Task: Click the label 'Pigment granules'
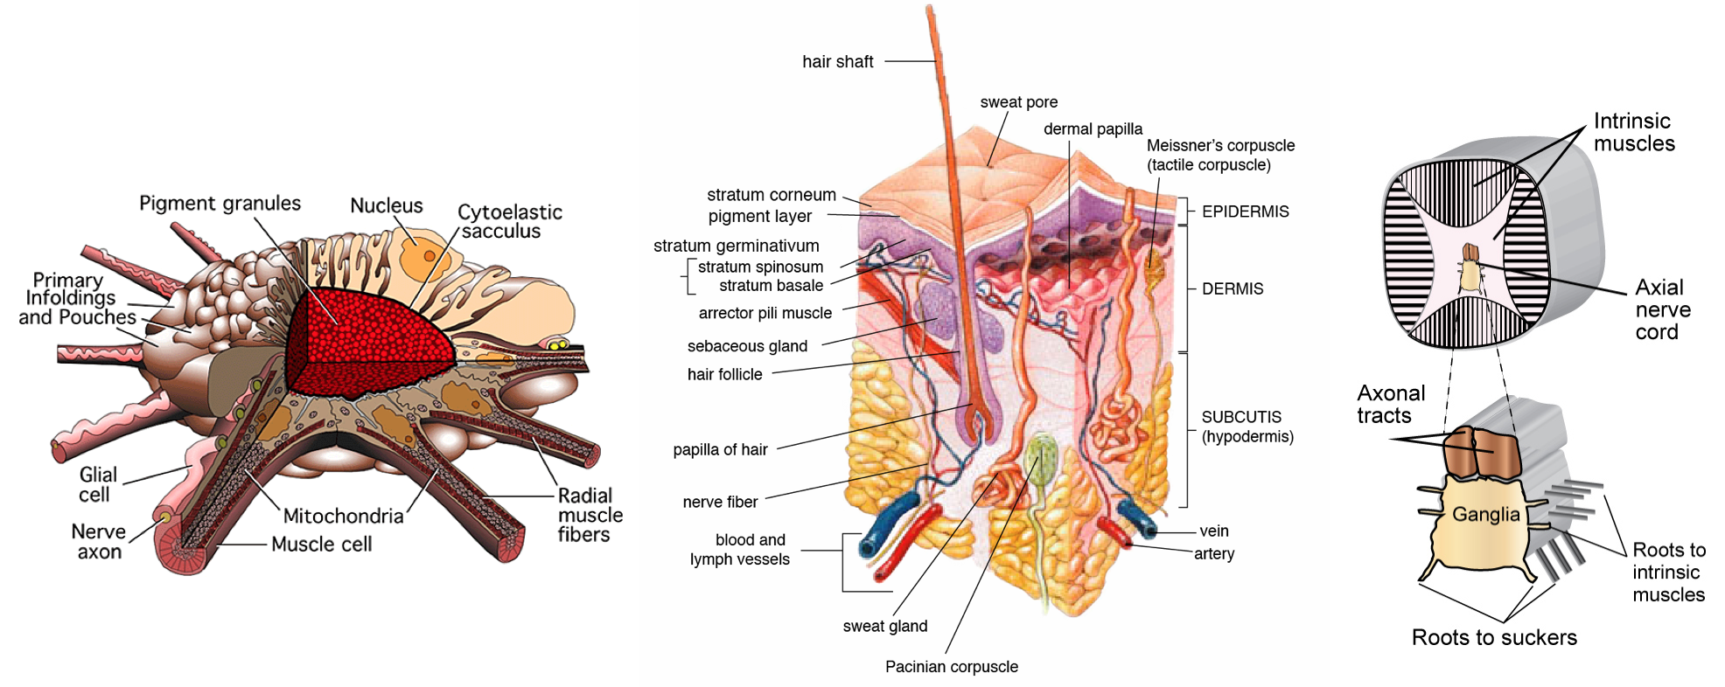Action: click(220, 204)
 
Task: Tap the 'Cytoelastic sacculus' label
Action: click(509, 221)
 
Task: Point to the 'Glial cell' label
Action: click(97, 484)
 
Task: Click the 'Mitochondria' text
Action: click(343, 516)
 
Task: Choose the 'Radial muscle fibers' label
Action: click(590, 515)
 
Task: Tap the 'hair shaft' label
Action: click(837, 62)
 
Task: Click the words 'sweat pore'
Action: click(1018, 102)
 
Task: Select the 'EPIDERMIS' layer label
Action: click(1245, 212)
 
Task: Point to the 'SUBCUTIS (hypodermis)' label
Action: click(1247, 427)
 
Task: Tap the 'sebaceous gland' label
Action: click(747, 346)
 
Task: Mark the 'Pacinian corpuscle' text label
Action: click(951, 667)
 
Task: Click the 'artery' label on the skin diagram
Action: click(1214, 553)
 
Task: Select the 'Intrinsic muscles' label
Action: click(1633, 132)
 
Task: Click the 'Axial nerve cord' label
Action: click(1662, 309)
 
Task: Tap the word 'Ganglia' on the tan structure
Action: click(1485, 514)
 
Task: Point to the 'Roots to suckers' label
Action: click(1494, 637)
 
